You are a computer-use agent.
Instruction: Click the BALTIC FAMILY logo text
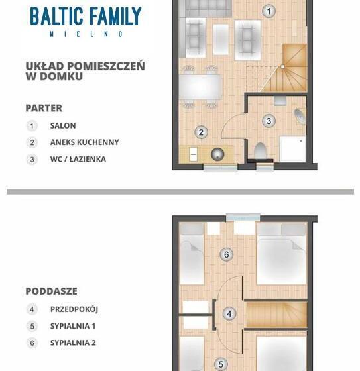coord(85,16)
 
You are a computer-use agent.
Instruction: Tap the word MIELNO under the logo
coord(85,33)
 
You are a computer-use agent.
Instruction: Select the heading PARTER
coord(44,108)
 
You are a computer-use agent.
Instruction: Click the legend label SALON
coord(63,125)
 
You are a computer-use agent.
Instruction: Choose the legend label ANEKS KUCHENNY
coord(84,142)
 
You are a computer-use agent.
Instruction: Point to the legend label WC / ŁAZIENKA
coord(78,159)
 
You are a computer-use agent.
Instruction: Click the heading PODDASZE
coord(51,291)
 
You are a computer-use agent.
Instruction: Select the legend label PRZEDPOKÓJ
coord(74,309)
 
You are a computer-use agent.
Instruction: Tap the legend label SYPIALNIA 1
coord(73,326)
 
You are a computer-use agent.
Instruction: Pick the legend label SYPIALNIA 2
coord(73,343)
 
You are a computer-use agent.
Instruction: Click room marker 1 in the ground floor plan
coord(269,11)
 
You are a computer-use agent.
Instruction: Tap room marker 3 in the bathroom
coord(269,121)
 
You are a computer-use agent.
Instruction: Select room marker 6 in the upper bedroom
coord(227,254)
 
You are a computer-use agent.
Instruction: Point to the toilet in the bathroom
coord(260,150)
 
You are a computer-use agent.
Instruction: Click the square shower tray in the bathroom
coord(292,148)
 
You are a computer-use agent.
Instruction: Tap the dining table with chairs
coord(199,86)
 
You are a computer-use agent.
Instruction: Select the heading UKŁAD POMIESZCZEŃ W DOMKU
coord(85,71)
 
